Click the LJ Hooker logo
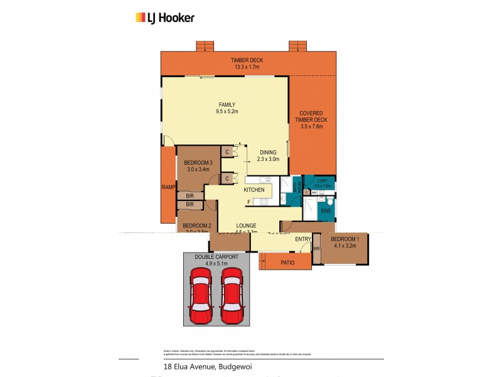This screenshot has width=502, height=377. (165, 18)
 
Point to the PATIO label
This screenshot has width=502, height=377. (287, 263)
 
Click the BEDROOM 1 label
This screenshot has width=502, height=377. (343, 240)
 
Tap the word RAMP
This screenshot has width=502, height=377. (168, 187)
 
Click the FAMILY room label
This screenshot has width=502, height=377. (227, 104)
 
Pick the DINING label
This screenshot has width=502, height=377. (268, 152)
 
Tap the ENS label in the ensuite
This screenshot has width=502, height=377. (326, 211)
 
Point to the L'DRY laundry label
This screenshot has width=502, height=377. (324, 180)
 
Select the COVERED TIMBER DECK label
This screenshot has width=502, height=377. (312, 116)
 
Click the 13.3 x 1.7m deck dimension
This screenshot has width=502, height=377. (247, 67)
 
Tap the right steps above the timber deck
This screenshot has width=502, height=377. (297, 46)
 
